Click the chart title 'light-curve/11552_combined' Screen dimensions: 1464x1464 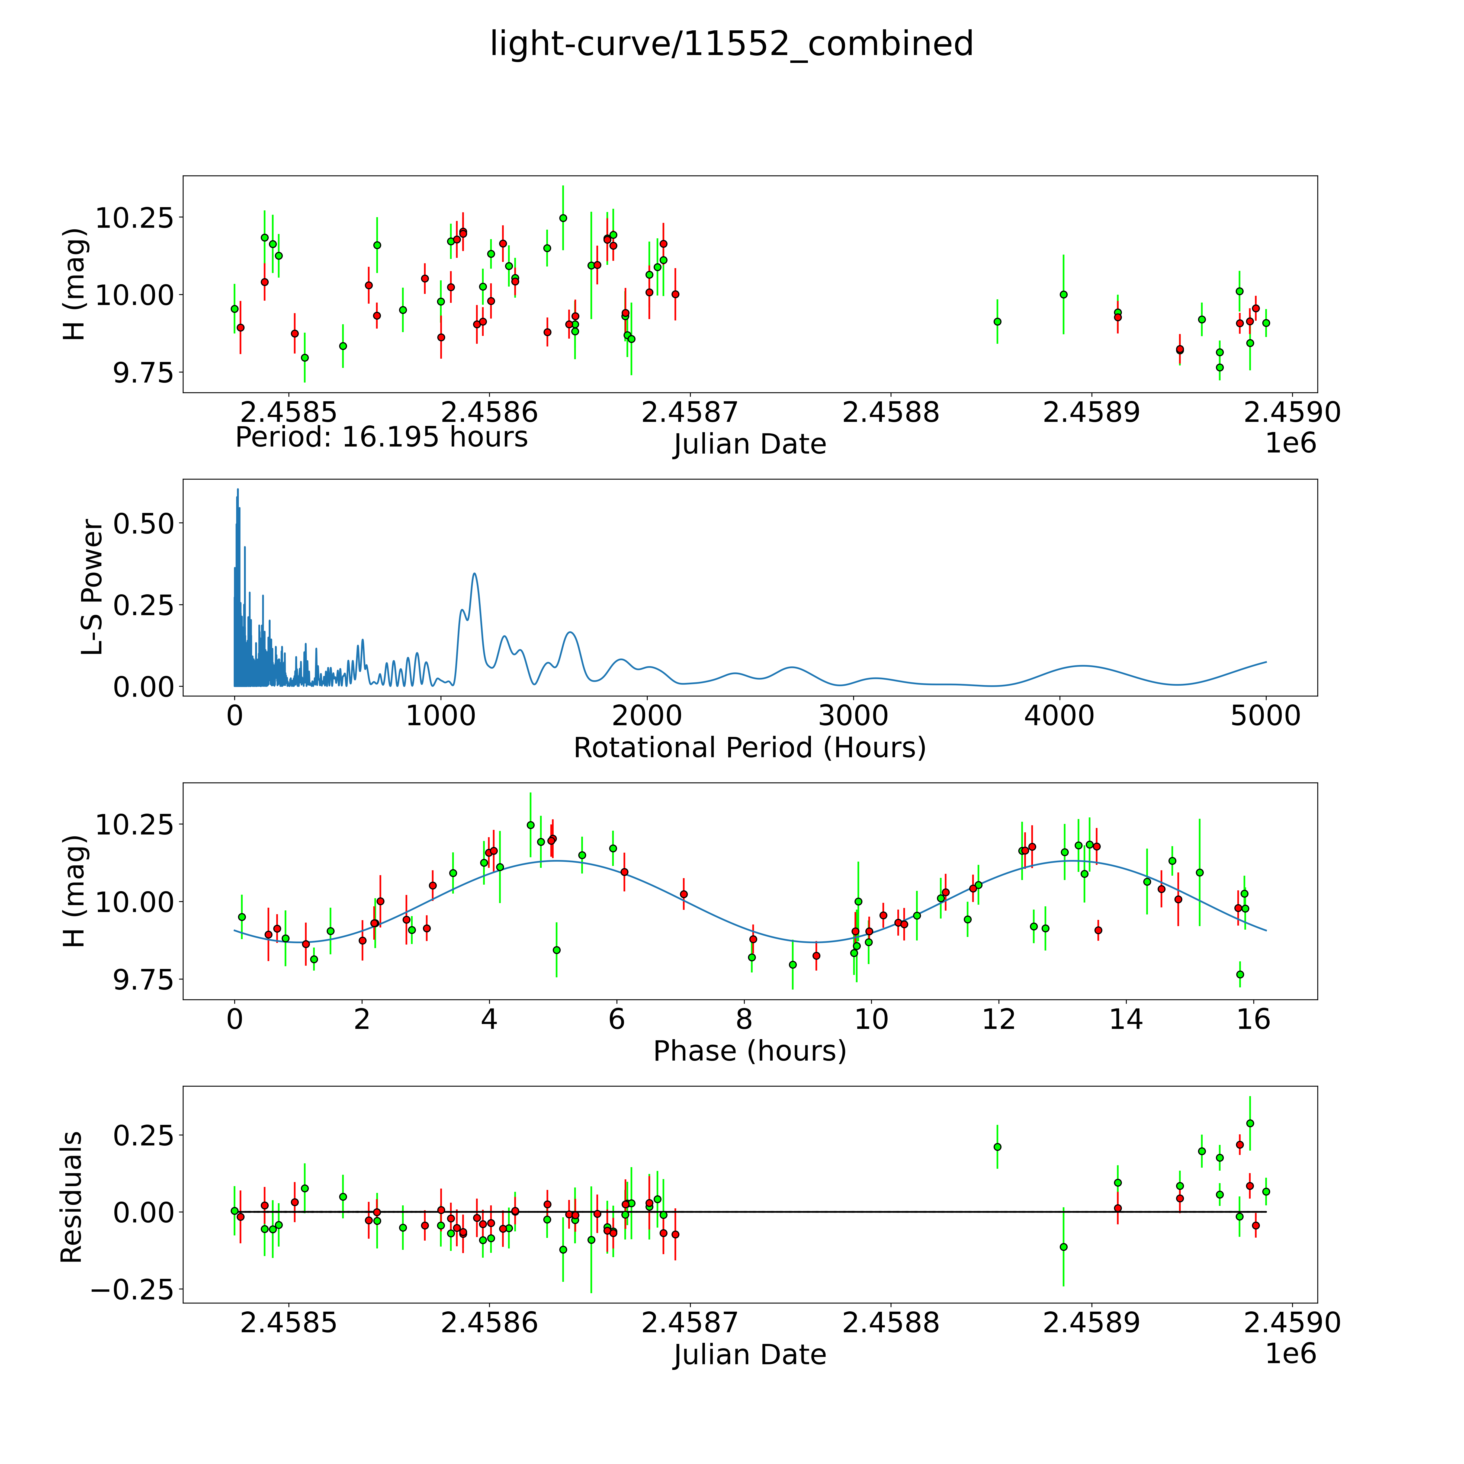click(x=731, y=44)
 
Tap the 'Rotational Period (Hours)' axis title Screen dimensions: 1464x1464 click(x=749, y=748)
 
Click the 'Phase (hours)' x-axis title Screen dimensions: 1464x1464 click(x=749, y=1051)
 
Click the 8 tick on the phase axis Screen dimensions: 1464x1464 click(x=744, y=1019)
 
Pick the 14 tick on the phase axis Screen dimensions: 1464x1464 click(x=1126, y=1019)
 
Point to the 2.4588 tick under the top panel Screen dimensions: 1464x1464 click(x=890, y=413)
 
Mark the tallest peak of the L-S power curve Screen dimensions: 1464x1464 click(x=237, y=490)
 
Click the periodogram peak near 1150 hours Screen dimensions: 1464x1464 click(x=474, y=574)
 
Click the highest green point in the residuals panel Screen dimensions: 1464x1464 click(x=1250, y=1123)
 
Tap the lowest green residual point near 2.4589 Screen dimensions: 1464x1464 click(x=1063, y=1247)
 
